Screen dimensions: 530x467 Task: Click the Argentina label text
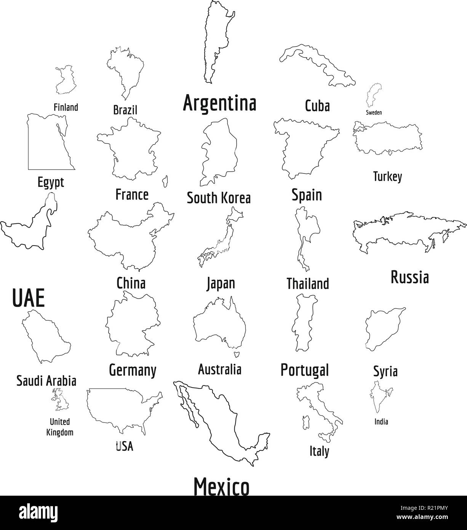coord(220,103)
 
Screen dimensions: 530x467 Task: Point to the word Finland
coord(66,107)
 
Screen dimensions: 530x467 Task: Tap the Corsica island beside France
coord(166,182)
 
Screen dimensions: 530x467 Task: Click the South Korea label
coord(219,198)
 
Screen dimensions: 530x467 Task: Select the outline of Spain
coord(303,147)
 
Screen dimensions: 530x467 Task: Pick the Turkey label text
coord(387,177)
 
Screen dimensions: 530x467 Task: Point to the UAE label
coord(29,298)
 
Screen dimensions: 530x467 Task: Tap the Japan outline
coord(221,238)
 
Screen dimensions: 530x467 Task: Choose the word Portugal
coord(304,369)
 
